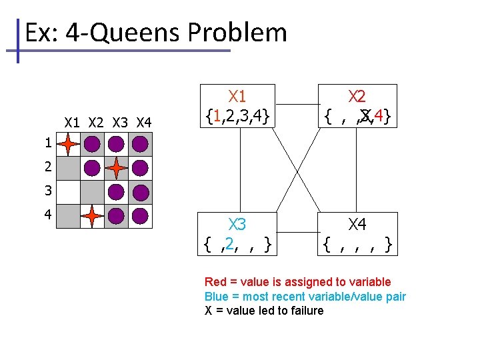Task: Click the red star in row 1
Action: [x=68, y=143]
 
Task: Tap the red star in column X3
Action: [x=116, y=167]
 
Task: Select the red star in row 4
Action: [x=92, y=216]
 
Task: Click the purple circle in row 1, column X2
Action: [x=92, y=143]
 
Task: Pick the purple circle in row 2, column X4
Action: [x=140, y=167]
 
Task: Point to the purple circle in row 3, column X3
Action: [x=116, y=192]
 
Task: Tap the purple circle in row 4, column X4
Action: [x=140, y=216]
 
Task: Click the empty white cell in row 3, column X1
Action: [x=68, y=192]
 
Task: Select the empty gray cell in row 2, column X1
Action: [x=68, y=167]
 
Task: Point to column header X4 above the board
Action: [x=143, y=123]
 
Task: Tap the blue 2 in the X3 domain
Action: [x=230, y=245]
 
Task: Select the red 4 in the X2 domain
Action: [x=379, y=117]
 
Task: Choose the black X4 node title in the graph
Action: [x=357, y=225]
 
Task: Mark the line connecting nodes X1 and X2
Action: [x=297, y=104]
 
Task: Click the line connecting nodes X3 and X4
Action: [x=297, y=232]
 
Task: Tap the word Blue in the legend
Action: [x=216, y=297]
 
